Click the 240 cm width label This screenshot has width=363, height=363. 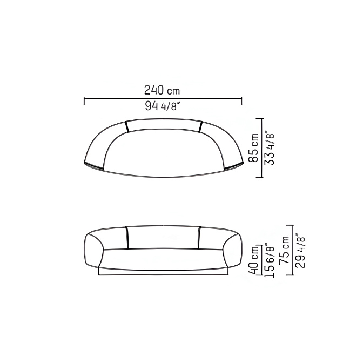coord(162,90)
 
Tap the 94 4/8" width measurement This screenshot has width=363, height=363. coord(163,106)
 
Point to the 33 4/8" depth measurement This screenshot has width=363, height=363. coord(270,149)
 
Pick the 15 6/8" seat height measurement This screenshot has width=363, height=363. coord(269,260)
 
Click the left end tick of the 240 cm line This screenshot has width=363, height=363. coord(84,100)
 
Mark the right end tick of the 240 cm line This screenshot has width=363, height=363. coord(241,100)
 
